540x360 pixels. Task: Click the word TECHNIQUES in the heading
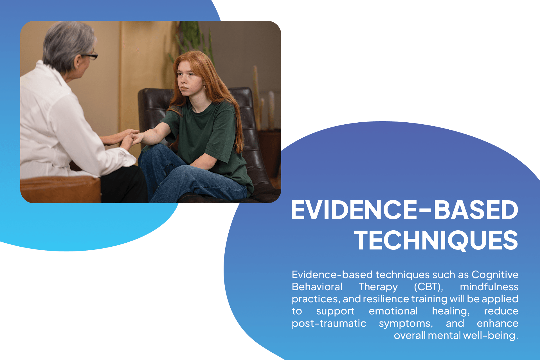tap(436, 240)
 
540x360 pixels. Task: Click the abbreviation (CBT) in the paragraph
tap(428, 287)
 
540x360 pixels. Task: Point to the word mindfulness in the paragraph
tap(489, 287)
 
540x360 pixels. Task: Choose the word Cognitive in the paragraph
tap(495, 274)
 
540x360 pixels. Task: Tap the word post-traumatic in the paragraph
tap(329, 323)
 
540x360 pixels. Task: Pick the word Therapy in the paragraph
tap(378, 287)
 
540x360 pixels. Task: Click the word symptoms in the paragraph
tap(406, 324)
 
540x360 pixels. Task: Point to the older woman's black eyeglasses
tap(89, 56)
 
